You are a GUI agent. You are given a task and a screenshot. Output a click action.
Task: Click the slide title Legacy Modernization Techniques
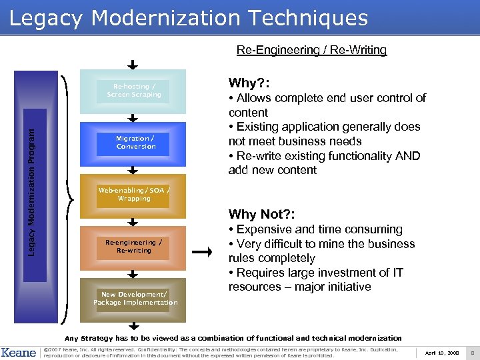pyautogui.click(x=189, y=18)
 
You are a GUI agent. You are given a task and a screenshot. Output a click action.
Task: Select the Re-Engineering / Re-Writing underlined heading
pyautogui.click(x=311, y=50)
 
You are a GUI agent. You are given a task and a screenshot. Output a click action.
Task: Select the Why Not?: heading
pyautogui.click(x=261, y=214)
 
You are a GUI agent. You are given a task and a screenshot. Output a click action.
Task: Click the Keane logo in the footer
pyautogui.click(x=19, y=352)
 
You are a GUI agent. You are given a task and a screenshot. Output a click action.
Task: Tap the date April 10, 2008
pyautogui.click(x=441, y=352)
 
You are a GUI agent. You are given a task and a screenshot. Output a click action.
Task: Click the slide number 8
pyautogui.click(x=471, y=352)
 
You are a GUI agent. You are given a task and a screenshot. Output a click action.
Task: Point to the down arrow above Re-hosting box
pyautogui.click(x=133, y=65)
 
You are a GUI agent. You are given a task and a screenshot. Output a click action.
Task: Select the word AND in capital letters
pyautogui.click(x=407, y=156)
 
